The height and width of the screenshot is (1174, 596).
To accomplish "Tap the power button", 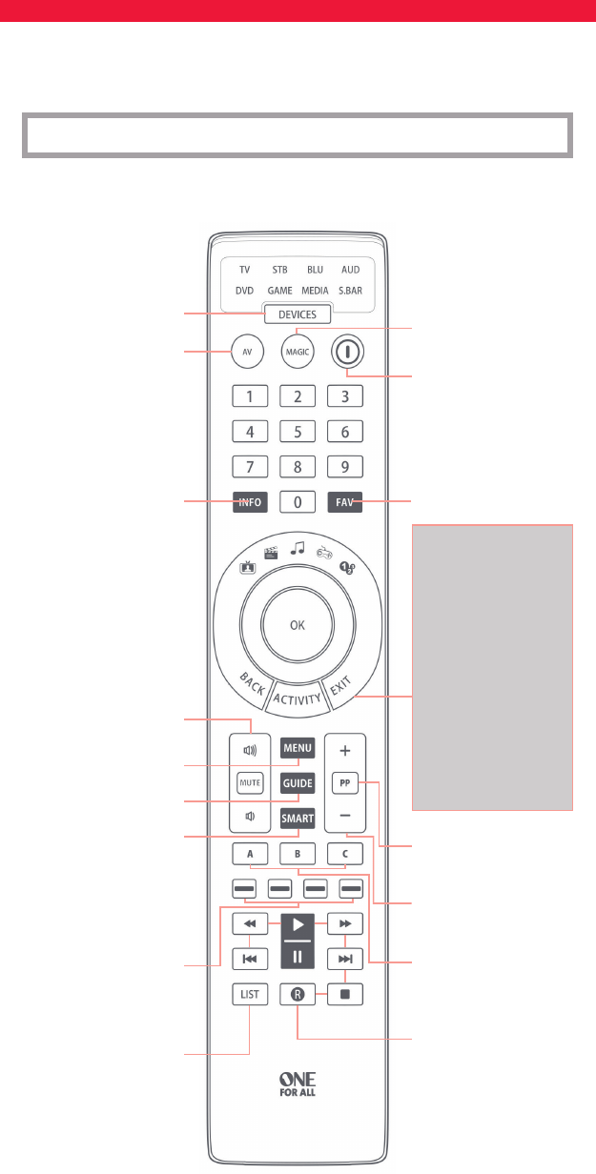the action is pyautogui.click(x=347, y=351).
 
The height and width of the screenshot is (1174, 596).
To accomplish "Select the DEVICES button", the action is pyautogui.click(x=298, y=315).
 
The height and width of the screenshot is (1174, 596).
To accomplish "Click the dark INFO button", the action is pyautogui.click(x=251, y=502).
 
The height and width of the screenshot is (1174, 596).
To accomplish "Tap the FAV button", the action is pyautogui.click(x=345, y=502).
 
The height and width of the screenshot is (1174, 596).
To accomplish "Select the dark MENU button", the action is pyautogui.click(x=298, y=748).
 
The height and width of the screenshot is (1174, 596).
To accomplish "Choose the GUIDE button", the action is pyautogui.click(x=298, y=782).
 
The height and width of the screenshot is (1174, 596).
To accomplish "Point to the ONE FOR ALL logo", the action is pyautogui.click(x=298, y=1083).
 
